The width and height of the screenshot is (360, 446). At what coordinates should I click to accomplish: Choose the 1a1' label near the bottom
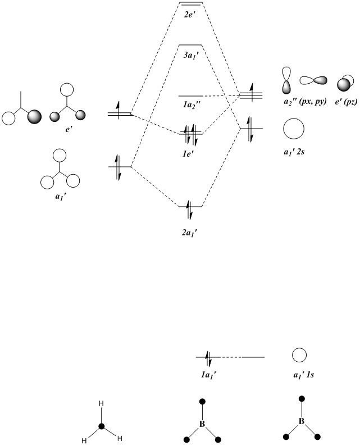[x=207, y=372]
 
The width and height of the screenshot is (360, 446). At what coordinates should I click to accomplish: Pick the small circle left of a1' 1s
[x=298, y=355]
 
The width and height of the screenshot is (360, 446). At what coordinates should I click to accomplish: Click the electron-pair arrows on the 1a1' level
[x=207, y=357]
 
